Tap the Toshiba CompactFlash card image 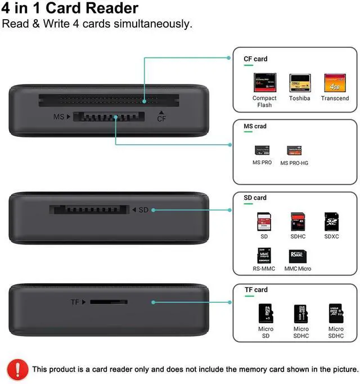point(300,83)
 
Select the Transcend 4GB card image point(335,83)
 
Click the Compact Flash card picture point(264,83)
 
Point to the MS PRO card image point(262,150)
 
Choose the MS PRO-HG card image point(294,150)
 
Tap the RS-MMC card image point(264,256)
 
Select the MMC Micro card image point(298,256)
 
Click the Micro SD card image point(265,314)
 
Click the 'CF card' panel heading point(255,59)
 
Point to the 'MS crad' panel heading point(255,126)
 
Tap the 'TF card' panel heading point(255,289)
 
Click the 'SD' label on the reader point(143,209)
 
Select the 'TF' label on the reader point(75,302)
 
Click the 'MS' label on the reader point(58,117)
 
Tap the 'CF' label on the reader point(161,118)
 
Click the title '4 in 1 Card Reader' point(70,8)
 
